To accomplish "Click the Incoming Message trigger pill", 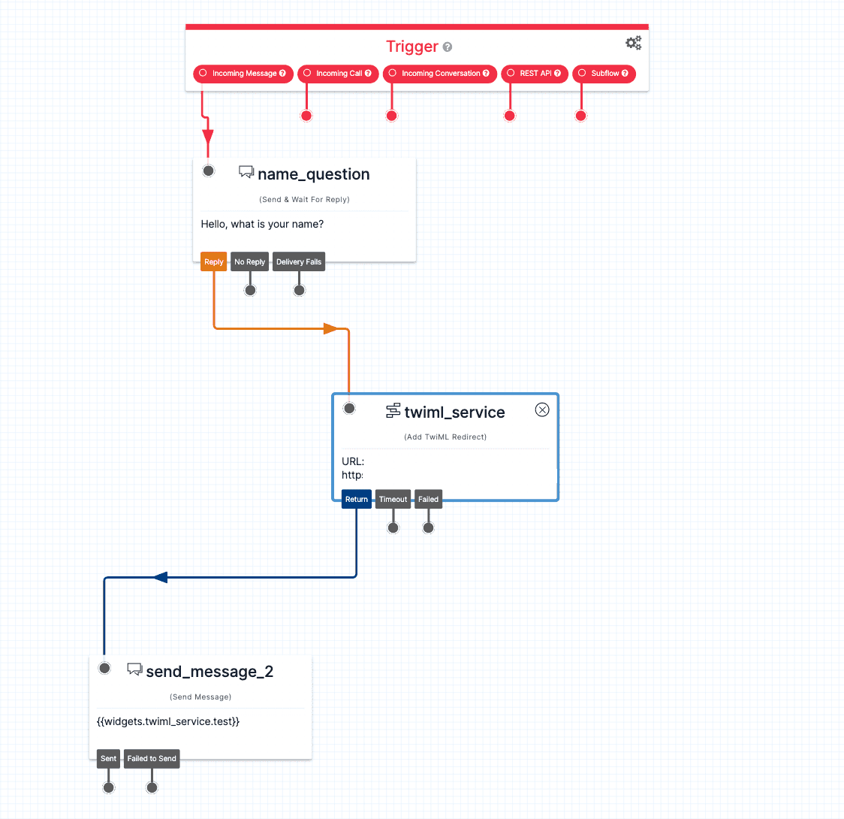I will tap(243, 74).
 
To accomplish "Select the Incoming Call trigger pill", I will tap(338, 74).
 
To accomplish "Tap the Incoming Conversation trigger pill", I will tap(439, 74).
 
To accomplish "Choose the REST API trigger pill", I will tap(535, 74).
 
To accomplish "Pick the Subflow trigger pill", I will tap(604, 74).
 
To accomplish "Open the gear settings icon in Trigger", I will tap(634, 43).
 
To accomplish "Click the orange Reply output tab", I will tap(214, 262).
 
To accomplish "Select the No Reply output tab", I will tap(250, 262).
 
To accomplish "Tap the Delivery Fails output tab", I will tap(299, 262).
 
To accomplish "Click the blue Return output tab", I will tap(357, 500).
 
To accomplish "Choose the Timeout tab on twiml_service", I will tap(393, 500).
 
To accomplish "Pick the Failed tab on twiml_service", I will tap(428, 500).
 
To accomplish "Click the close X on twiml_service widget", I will tap(542, 409).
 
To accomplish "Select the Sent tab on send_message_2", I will tap(109, 759).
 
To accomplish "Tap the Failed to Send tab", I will tap(152, 759).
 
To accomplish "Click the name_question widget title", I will tap(313, 174).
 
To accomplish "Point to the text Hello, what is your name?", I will tap(262, 224).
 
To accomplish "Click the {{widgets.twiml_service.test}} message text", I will tap(168, 722).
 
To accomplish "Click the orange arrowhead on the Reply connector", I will tap(330, 328).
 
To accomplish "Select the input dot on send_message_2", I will tap(105, 668).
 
